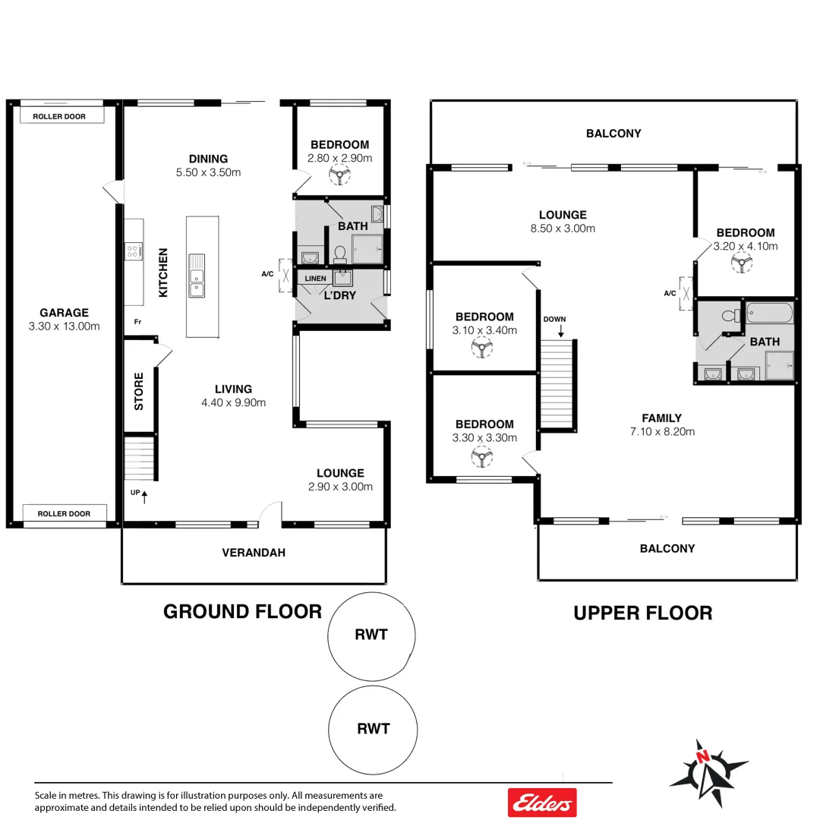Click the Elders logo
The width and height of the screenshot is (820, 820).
point(542,802)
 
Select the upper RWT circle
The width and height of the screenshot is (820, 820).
point(371,635)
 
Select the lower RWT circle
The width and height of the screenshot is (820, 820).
point(373,728)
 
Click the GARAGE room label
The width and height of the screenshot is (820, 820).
point(65,312)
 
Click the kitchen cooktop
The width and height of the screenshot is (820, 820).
point(134,251)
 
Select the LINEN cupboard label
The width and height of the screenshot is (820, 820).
point(315,279)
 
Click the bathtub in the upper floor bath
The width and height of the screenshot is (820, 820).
point(769,312)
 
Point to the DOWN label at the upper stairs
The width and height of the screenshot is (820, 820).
point(554,319)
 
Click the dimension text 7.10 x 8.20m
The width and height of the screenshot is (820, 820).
point(661,431)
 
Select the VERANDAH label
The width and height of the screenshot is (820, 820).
point(254,553)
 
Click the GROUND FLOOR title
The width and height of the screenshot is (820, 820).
point(242,611)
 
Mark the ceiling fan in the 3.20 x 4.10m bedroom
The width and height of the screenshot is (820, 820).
point(742,263)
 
